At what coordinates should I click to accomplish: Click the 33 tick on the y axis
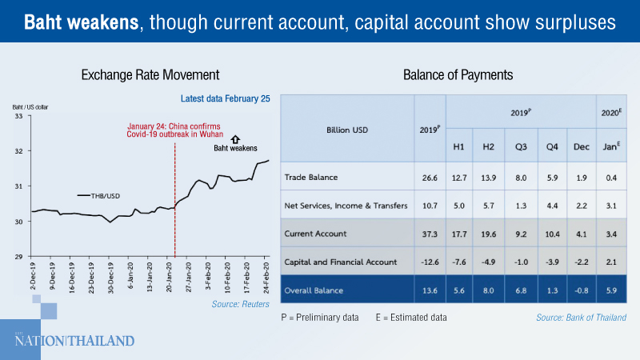pos(20,116)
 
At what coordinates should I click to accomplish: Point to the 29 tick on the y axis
pos(20,256)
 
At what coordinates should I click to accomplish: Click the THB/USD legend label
pos(106,195)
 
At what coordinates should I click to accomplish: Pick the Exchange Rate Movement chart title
pos(150,76)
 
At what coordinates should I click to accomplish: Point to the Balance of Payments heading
pos(458,76)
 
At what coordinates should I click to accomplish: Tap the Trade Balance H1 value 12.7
pos(462,178)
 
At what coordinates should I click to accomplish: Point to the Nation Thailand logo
pos(74,340)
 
